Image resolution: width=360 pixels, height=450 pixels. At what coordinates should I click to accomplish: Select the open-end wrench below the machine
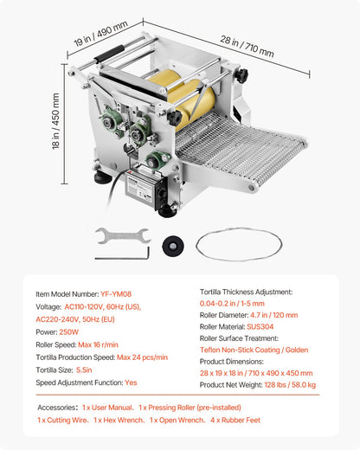click(120, 235)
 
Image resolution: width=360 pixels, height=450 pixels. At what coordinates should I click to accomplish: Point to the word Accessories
click(57, 407)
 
